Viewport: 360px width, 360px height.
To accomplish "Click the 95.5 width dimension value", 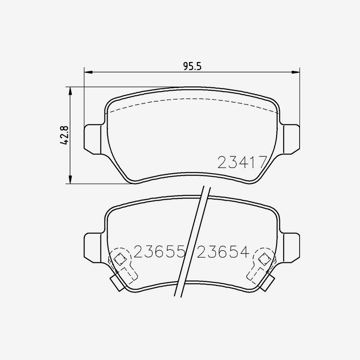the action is (x=192, y=66).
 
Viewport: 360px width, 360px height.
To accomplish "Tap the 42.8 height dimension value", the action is (x=64, y=135).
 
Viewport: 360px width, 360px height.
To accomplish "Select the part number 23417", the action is (x=242, y=162).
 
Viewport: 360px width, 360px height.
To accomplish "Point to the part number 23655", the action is (x=159, y=252).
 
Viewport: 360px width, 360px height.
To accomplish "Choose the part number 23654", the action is (x=223, y=252).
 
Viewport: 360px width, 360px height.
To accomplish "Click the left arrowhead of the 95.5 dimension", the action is (x=88, y=72).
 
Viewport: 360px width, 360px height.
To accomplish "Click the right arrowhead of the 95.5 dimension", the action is (x=296, y=72).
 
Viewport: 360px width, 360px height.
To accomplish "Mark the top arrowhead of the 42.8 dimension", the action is (x=70, y=91).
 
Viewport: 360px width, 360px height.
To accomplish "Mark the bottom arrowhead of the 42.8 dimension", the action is (x=70, y=180).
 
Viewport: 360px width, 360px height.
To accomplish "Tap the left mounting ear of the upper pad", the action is (x=92, y=139).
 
